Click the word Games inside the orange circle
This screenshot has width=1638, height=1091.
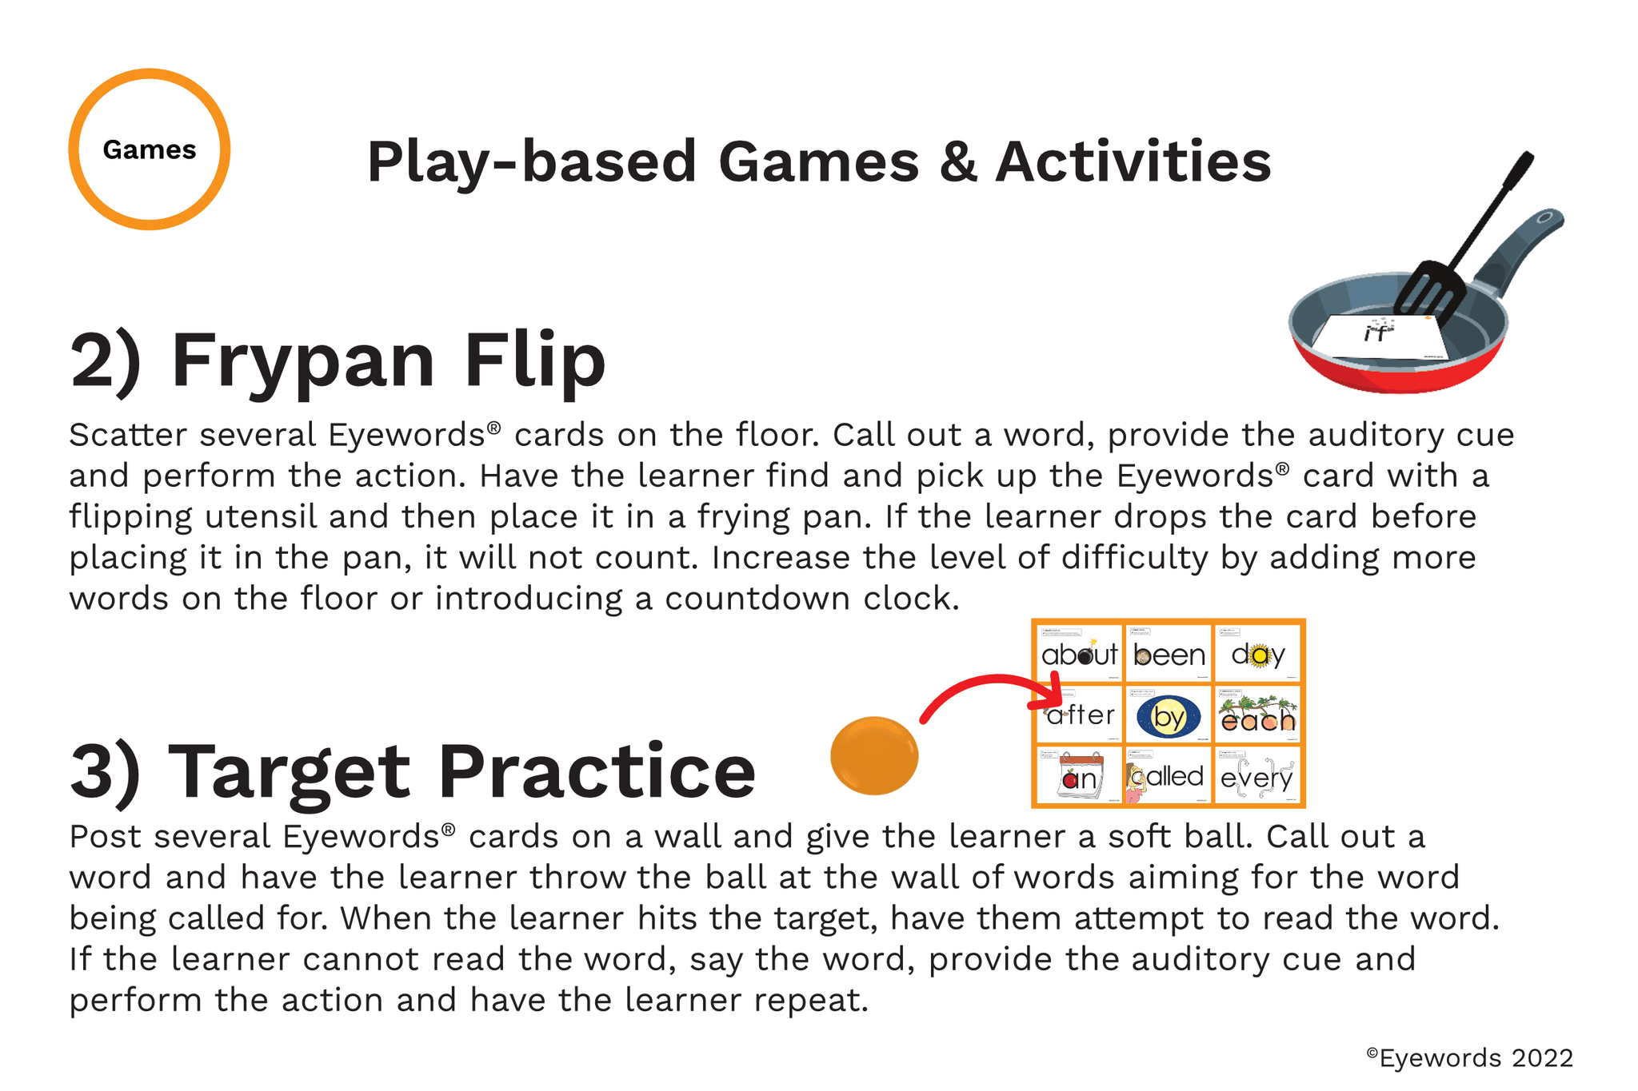(149, 149)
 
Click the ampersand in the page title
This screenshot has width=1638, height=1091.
(957, 162)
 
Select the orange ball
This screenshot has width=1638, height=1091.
(873, 755)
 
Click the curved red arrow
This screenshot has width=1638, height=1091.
(988, 692)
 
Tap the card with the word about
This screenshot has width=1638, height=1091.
(1079, 654)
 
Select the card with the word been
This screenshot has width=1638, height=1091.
(1169, 654)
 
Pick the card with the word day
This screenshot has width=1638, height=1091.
(1258, 654)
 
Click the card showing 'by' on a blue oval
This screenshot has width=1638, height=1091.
(1169, 715)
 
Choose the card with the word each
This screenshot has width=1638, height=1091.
(1258, 715)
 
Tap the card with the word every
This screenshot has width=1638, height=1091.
(1258, 776)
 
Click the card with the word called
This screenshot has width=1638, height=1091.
(1169, 776)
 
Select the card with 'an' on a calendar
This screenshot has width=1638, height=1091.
(1079, 776)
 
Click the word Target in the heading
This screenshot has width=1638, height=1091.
(290, 772)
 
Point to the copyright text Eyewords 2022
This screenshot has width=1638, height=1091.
(1469, 1057)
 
